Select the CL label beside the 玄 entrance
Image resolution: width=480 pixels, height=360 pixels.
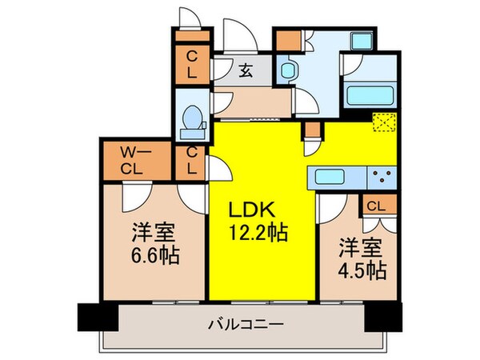point(192,62)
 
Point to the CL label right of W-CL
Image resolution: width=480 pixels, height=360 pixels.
point(192,162)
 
